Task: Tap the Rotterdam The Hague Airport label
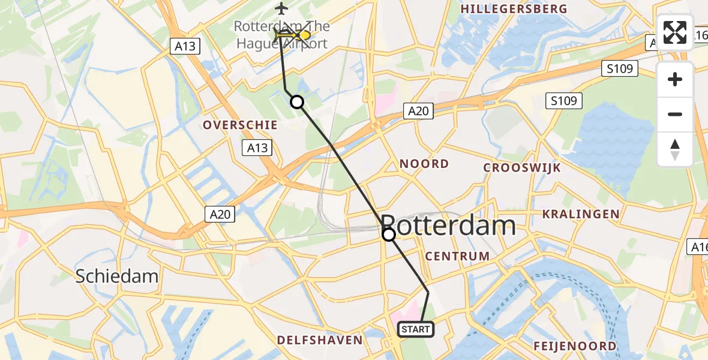point(281,35)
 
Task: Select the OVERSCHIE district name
point(240,125)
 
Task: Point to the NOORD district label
point(424,164)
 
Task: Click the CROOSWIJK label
point(523,167)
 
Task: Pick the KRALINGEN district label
point(580,214)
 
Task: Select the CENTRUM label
point(457,256)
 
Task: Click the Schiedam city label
point(117,276)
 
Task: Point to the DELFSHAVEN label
point(320,340)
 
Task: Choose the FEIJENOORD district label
point(575,346)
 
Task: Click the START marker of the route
point(415,329)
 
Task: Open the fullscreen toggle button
point(675,32)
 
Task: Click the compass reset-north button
point(675,149)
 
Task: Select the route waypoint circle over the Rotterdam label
point(389,235)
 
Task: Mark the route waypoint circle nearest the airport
point(297,102)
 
